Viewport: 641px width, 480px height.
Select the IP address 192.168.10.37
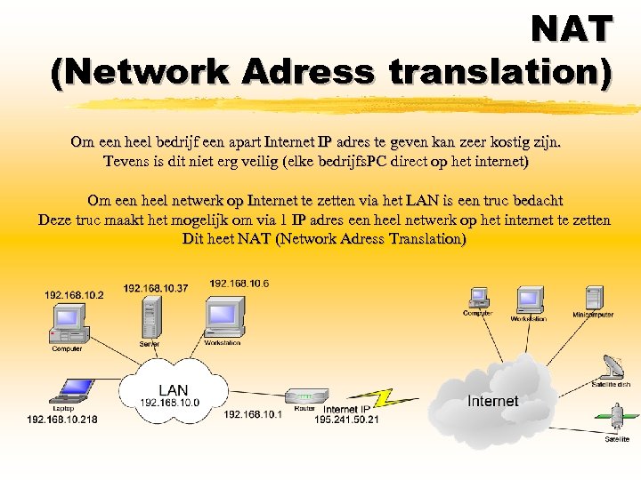coord(156,288)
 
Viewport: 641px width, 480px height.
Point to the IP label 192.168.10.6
coord(239,284)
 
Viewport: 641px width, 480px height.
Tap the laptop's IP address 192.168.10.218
coord(62,419)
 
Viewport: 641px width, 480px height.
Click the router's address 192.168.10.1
coord(253,414)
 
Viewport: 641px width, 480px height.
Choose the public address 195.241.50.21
coord(346,420)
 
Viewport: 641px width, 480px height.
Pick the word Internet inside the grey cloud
coord(492,402)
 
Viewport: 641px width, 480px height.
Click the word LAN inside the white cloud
coord(174,390)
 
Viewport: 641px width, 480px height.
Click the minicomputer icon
coord(593,298)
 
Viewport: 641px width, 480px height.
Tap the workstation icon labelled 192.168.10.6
coord(223,316)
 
